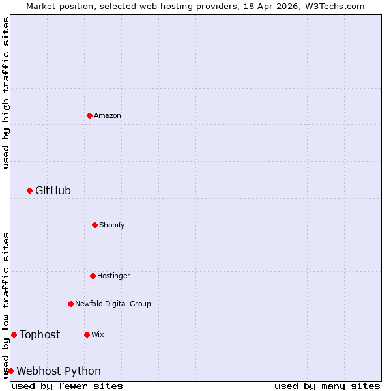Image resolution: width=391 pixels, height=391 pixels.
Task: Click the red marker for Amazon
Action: (89, 115)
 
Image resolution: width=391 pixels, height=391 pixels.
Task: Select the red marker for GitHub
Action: (29, 190)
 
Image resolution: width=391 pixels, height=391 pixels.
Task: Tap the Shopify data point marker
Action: (94, 225)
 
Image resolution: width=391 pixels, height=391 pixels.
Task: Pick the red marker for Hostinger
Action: (93, 276)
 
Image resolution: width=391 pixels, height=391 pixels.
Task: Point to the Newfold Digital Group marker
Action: (70, 304)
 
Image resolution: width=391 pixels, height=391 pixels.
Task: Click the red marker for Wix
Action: (87, 334)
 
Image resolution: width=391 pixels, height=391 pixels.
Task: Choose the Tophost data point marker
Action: (14, 334)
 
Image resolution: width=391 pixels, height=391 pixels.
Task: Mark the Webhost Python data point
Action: (10, 371)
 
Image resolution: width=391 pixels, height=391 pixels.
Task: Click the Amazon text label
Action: (108, 115)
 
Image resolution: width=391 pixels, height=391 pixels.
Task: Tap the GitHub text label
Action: (53, 190)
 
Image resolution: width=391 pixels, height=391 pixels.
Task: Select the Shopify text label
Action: (112, 225)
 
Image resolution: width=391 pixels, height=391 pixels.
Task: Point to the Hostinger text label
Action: (114, 276)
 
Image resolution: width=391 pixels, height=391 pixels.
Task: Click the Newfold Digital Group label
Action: (113, 304)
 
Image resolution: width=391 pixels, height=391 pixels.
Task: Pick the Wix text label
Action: (98, 334)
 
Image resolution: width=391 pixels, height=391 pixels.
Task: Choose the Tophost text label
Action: (40, 334)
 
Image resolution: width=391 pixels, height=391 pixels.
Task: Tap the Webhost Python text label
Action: (59, 371)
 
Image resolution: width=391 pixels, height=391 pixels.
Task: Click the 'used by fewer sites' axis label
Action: (67, 386)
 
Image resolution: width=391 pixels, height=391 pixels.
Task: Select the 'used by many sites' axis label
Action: (327, 386)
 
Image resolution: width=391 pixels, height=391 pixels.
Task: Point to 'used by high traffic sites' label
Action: (6, 93)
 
